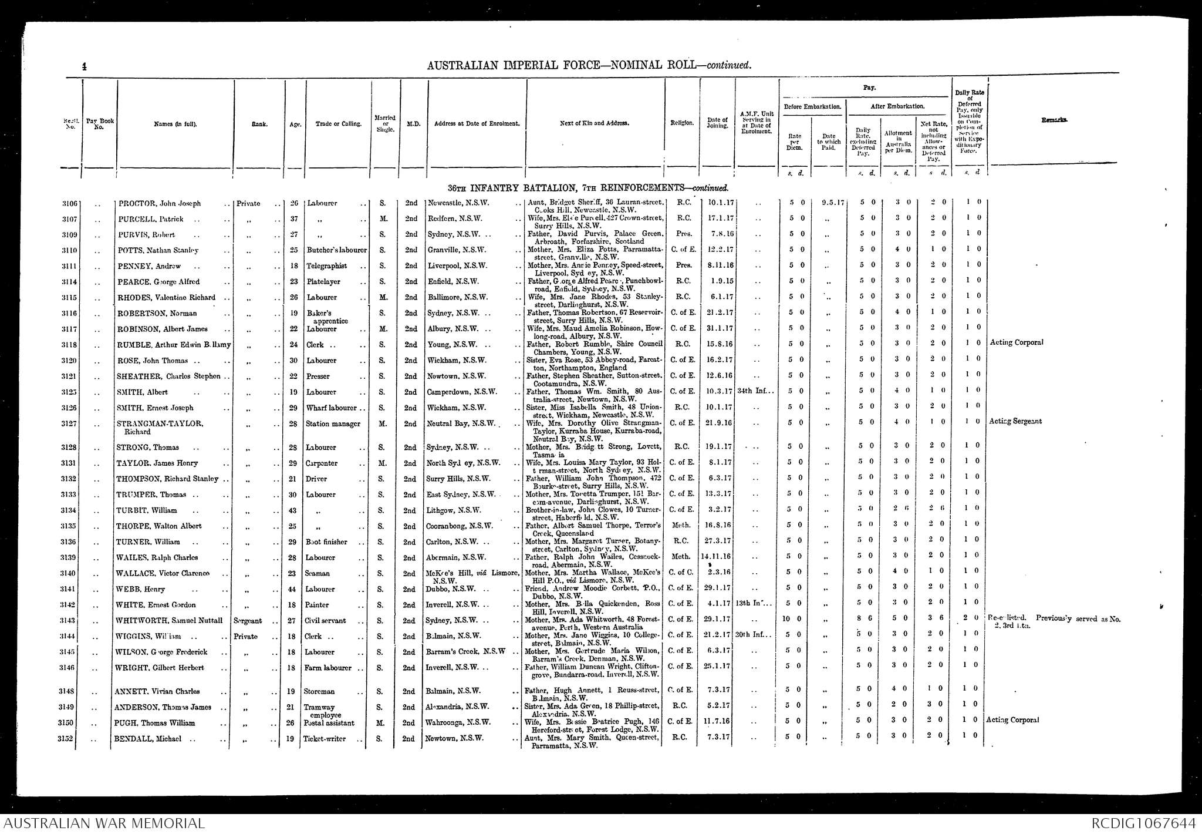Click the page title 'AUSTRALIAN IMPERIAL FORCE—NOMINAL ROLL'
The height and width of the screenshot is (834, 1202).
click(x=589, y=65)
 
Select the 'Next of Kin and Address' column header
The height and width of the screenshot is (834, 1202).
click(x=594, y=124)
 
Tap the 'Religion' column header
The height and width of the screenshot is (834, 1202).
click(x=682, y=123)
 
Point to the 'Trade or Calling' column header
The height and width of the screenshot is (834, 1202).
click(x=337, y=124)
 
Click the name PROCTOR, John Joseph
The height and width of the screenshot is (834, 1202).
click(x=160, y=204)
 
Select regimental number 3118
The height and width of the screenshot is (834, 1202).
click(x=70, y=345)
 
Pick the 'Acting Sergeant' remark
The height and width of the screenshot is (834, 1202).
click(x=1015, y=421)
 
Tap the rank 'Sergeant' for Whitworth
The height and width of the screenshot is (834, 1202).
click(x=248, y=621)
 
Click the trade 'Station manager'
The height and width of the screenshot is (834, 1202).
click(x=333, y=424)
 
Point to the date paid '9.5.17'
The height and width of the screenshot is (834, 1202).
click(x=832, y=203)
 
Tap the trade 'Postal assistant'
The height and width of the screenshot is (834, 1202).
click(x=331, y=723)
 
